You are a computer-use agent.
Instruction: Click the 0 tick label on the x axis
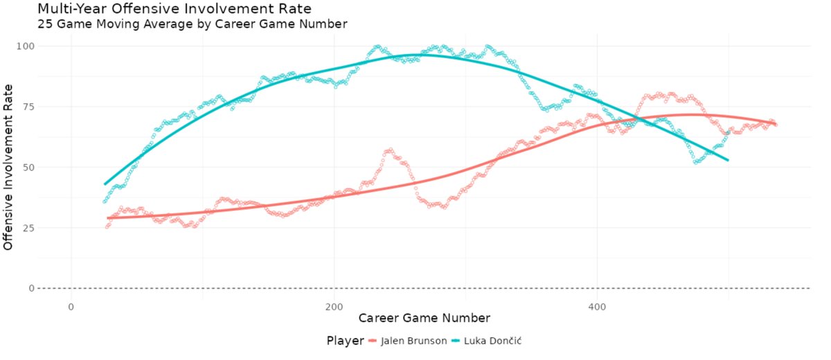pyautogui.click(x=71, y=305)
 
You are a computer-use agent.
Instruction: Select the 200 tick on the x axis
pyautogui.click(x=334, y=305)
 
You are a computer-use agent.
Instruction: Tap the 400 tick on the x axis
pyautogui.click(x=598, y=305)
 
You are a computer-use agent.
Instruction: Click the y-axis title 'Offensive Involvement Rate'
pyautogui.click(x=9, y=167)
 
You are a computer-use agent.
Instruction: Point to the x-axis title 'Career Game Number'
pyautogui.click(x=424, y=318)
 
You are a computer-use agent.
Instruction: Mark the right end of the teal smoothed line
pyautogui.click(x=729, y=161)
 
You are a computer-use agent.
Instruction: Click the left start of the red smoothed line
pyautogui.click(x=107, y=218)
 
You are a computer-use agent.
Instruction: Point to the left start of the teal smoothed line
pyautogui.click(x=105, y=184)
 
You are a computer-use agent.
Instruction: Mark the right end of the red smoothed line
pyautogui.click(x=776, y=124)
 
